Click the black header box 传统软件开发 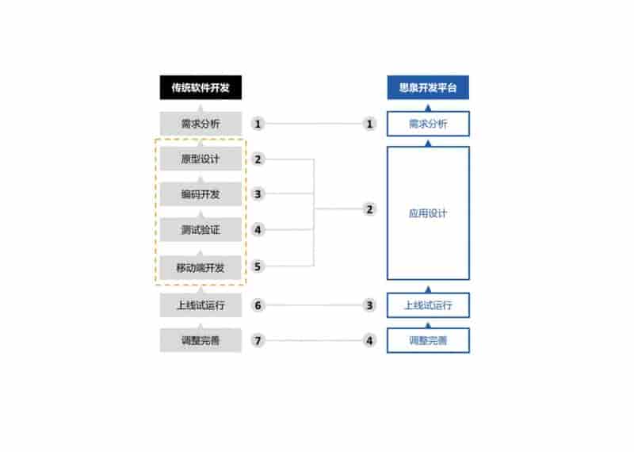coord(201,87)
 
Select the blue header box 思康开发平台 coord(428,87)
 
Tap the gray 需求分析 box coord(201,124)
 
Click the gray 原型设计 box coord(201,159)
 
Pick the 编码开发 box coord(201,194)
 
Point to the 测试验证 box coord(201,230)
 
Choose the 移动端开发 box coord(201,267)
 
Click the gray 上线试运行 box coord(201,305)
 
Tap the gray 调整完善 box coord(201,340)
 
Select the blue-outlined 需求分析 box coord(428,124)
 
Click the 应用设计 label coord(428,213)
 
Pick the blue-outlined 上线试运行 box coord(428,305)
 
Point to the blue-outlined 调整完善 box coord(428,340)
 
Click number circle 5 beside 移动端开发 coord(258,266)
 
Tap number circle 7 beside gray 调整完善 coord(258,340)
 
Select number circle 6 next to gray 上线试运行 coord(258,305)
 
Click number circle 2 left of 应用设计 coord(369,209)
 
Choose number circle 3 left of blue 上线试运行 coord(369,305)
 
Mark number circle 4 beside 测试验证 coord(258,230)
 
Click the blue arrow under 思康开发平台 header coord(428,108)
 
